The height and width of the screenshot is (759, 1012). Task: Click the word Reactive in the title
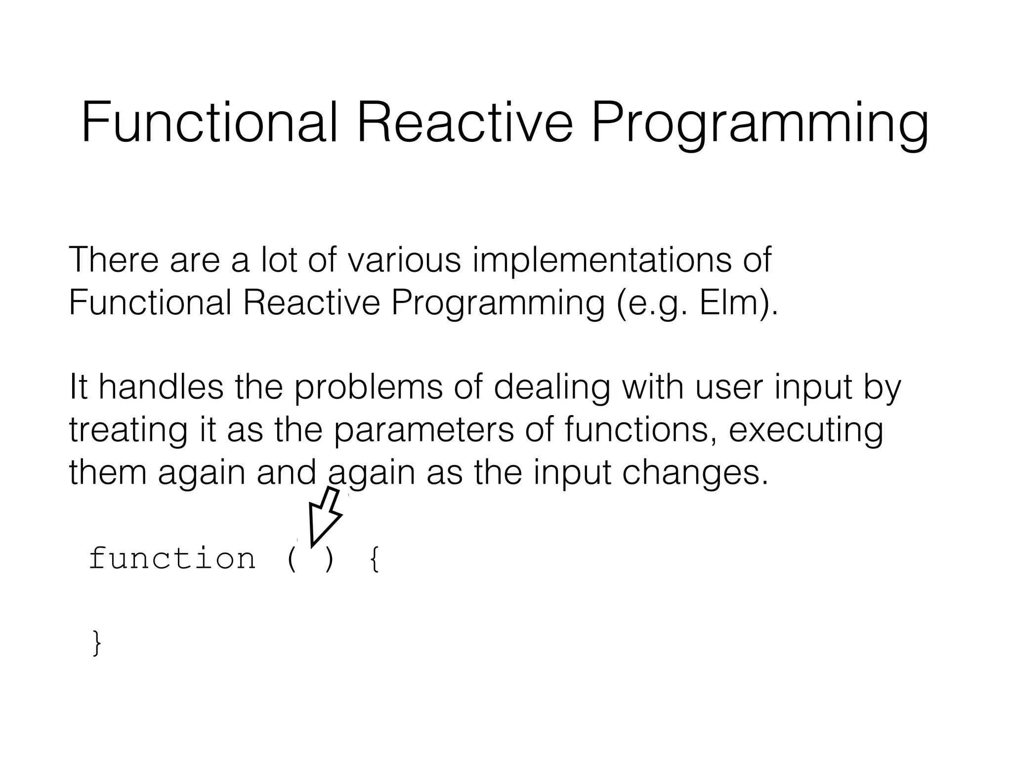point(464,122)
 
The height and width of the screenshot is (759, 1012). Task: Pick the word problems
point(368,388)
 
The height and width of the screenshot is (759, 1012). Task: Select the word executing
point(806,430)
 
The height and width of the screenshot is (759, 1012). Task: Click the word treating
point(128,430)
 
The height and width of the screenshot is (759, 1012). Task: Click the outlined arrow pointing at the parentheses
point(323,516)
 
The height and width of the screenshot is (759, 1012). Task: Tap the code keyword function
point(172,559)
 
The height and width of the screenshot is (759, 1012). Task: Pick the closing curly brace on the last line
point(97,643)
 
